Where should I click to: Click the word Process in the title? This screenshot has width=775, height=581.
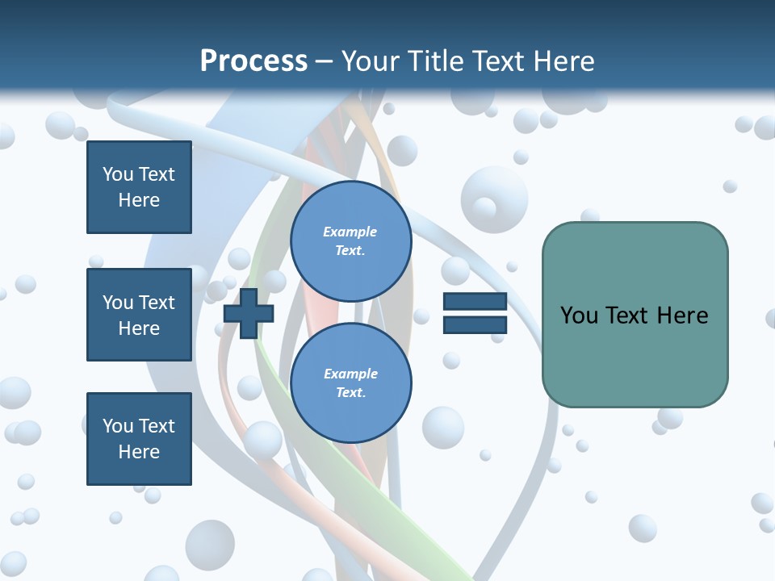[x=253, y=61]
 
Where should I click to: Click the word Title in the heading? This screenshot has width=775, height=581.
[x=436, y=61]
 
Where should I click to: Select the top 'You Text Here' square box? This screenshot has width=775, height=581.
[x=139, y=187]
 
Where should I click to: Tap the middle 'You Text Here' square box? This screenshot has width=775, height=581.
[x=139, y=315]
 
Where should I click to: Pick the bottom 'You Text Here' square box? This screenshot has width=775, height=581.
[x=139, y=439]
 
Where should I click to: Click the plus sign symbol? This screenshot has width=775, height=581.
[x=249, y=314]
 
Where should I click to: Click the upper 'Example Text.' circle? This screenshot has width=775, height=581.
[x=350, y=241]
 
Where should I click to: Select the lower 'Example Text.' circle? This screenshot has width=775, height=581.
[x=350, y=382]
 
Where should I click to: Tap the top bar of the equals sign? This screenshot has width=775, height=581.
[x=475, y=302]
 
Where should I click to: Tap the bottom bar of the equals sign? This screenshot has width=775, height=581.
[x=475, y=324]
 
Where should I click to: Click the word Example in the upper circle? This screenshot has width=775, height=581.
[x=350, y=232]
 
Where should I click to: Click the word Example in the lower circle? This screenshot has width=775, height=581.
[x=350, y=374]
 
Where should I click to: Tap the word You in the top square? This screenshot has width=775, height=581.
[x=117, y=174]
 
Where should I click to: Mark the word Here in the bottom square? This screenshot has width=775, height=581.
[x=139, y=452]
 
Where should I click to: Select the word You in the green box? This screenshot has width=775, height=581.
[x=579, y=316]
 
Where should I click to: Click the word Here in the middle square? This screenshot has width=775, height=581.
[x=139, y=328]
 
